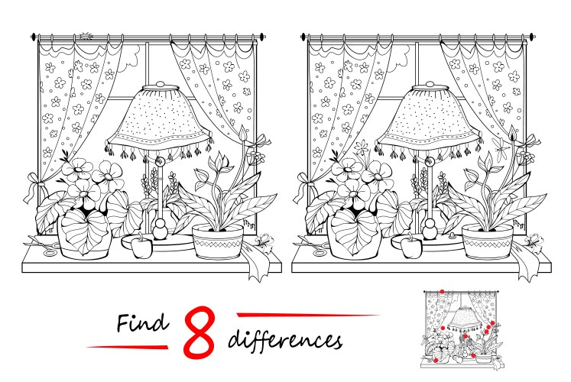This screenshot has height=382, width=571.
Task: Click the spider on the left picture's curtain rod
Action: click(86, 36)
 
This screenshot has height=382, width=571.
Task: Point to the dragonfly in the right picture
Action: click(500, 148)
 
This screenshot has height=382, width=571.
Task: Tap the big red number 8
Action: click(199, 332)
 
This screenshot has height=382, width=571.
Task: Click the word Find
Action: click(143, 322)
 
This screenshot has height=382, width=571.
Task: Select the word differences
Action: click(285, 340)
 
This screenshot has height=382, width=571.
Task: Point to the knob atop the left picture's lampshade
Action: click(161, 84)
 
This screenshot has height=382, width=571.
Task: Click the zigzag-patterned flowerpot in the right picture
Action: click(488, 241)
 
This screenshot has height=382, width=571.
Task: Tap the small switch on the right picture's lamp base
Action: click(453, 236)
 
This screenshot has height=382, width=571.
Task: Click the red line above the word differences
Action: click(308, 315)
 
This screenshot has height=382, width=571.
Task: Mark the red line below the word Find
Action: click(127, 347)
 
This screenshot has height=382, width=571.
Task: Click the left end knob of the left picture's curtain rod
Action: click(34, 37)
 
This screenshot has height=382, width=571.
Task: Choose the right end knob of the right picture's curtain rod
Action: click(532, 37)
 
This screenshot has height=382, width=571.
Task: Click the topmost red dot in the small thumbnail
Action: click(442, 291)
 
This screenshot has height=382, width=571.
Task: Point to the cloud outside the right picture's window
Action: click(403, 57)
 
